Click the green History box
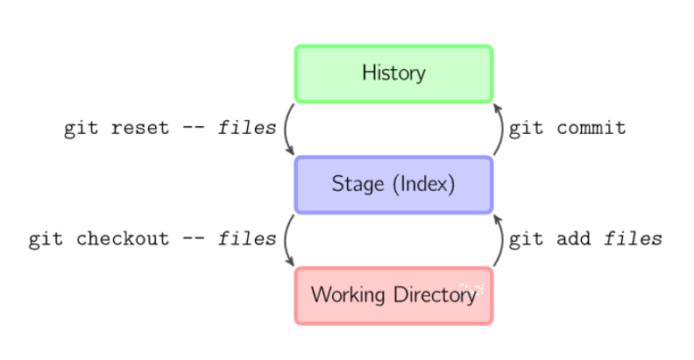(393, 74)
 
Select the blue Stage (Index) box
(393, 185)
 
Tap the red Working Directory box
(393, 296)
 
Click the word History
(393, 73)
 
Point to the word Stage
(358, 184)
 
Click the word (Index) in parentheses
(423, 184)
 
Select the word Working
(348, 295)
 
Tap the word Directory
(435, 295)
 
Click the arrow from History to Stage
(286, 129)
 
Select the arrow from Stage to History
(501, 129)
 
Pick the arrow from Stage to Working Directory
(286, 240)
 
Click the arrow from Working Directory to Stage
(501, 240)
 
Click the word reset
(140, 128)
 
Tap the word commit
(591, 128)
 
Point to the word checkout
(122, 239)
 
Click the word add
(573, 239)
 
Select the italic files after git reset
(247, 128)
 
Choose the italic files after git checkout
(247, 239)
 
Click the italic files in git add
(633, 239)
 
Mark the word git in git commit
(526, 129)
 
